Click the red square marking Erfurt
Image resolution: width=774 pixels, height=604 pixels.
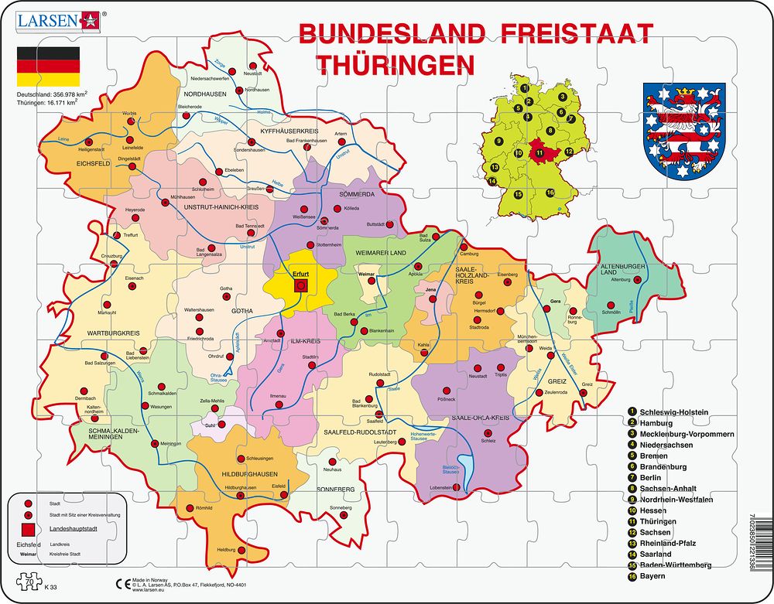point(301,285)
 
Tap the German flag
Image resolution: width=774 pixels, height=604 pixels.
point(48,67)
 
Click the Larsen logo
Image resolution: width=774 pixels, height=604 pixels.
point(56,20)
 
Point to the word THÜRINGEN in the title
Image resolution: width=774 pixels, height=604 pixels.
point(394,64)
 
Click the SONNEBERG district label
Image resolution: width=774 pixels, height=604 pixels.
point(334,490)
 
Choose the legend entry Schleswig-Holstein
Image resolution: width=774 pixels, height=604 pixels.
point(674,412)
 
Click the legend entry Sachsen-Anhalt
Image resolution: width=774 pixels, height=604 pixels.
point(668,489)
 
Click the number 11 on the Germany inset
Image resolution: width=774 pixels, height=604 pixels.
point(539,152)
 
